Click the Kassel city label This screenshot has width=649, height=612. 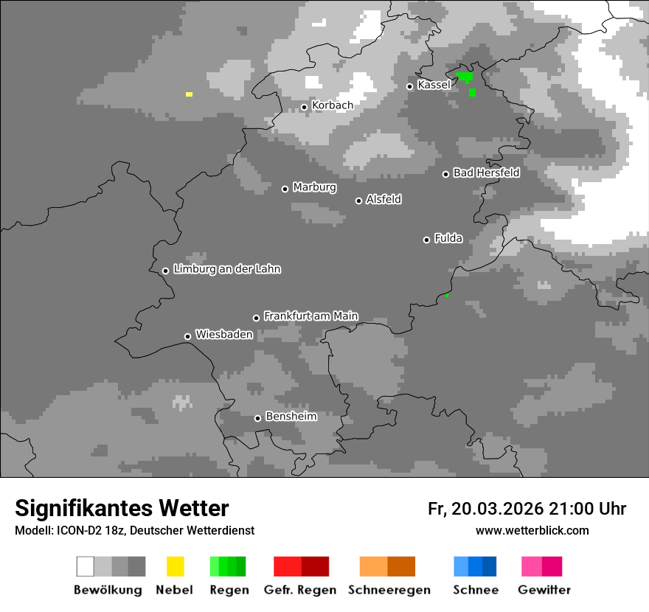(x=434, y=85)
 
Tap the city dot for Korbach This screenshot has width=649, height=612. (x=304, y=107)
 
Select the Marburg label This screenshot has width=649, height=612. (x=314, y=187)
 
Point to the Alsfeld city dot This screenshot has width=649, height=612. (x=358, y=201)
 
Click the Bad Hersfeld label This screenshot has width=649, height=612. (x=486, y=173)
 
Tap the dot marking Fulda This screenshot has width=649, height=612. (x=426, y=240)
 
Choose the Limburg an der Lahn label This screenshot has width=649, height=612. (x=226, y=269)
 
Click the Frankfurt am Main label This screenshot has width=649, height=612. (x=310, y=316)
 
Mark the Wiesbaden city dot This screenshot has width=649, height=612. (x=187, y=336)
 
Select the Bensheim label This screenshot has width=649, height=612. (x=291, y=417)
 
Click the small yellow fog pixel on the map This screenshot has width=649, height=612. (x=189, y=94)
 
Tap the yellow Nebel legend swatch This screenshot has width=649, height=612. (x=175, y=566)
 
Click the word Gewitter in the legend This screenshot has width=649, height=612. (x=544, y=590)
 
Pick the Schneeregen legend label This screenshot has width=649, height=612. (x=389, y=590)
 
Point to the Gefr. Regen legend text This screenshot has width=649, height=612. (x=300, y=590)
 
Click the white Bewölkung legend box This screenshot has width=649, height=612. (x=86, y=566)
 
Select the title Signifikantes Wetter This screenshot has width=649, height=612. (x=122, y=508)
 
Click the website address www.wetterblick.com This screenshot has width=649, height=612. (x=532, y=530)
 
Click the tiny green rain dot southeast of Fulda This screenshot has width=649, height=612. (x=446, y=295)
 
